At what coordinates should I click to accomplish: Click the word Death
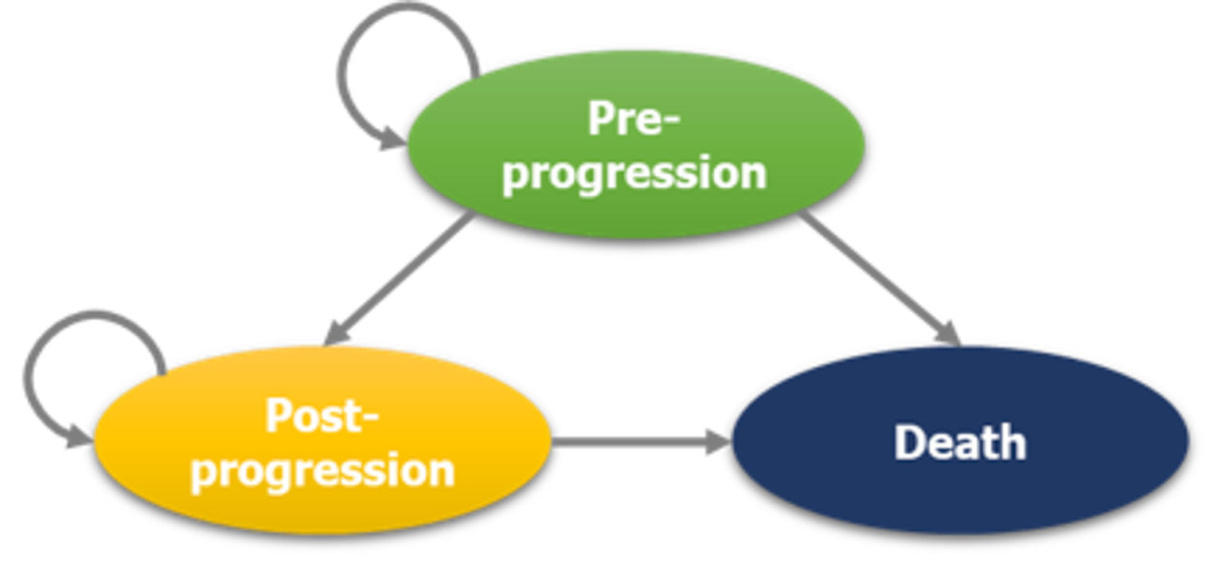coord(959,443)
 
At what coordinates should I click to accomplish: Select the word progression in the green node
coord(634,172)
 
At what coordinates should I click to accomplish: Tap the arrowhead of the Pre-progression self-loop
coord(392,140)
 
